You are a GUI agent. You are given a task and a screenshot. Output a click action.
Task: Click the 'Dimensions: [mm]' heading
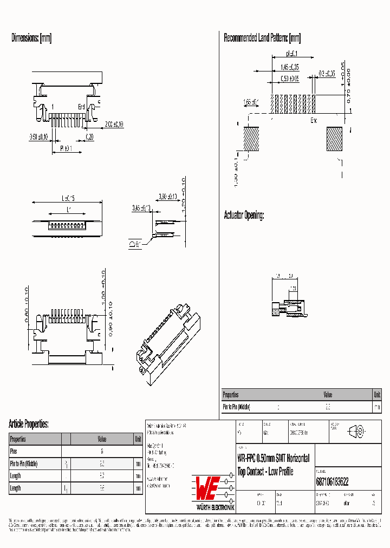click(x=31, y=38)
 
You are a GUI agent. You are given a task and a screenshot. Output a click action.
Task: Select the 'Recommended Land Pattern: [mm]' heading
click(x=262, y=38)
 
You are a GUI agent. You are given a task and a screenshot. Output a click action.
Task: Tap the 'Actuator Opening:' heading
click(x=244, y=216)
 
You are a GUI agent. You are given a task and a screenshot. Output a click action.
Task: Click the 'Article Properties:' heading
click(x=29, y=423)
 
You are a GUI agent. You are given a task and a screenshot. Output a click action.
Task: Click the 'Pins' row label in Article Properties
click(x=14, y=451)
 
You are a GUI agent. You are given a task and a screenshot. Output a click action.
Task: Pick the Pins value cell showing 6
click(x=102, y=451)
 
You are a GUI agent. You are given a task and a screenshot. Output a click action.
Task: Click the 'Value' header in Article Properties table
click(x=102, y=439)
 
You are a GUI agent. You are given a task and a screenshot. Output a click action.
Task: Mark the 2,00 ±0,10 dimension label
click(x=114, y=124)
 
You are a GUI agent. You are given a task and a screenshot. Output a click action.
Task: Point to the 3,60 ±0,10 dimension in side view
click(x=168, y=197)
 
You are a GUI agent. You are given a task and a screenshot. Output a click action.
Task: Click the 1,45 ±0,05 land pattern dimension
click(x=290, y=67)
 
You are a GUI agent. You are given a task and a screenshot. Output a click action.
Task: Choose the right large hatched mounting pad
click(x=334, y=139)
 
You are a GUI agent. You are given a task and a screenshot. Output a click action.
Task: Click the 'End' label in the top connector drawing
click(x=81, y=107)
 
